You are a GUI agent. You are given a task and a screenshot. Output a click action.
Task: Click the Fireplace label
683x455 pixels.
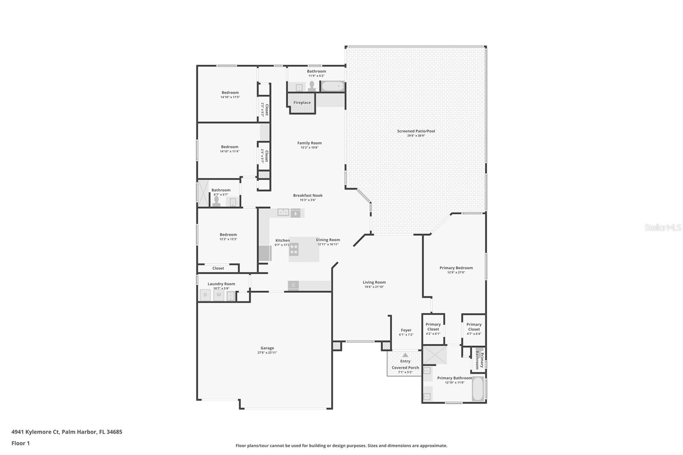[x=302, y=102]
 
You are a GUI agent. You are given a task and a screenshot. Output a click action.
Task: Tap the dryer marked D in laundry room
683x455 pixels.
[x=205, y=295]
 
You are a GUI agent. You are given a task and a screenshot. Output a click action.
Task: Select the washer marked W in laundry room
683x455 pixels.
[x=219, y=295]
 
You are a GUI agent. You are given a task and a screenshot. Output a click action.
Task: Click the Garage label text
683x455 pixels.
[x=267, y=348]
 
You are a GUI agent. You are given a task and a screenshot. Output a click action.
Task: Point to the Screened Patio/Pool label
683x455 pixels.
[x=416, y=131]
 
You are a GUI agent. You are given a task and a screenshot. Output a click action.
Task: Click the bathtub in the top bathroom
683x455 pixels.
[x=333, y=87]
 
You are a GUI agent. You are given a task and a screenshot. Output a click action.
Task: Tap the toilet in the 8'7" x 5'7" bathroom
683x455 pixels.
[x=216, y=201]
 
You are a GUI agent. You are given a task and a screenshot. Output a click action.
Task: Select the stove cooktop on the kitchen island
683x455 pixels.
[x=294, y=249]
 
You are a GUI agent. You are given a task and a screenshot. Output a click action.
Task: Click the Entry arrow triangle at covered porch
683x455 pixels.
[x=405, y=355]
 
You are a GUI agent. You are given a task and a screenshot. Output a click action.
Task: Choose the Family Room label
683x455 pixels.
[x=309, y=143]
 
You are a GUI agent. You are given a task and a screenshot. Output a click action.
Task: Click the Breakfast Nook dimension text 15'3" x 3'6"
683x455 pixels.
[x=308, y=200]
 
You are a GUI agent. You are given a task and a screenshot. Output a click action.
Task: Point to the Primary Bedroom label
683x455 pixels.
[x=456, y=268]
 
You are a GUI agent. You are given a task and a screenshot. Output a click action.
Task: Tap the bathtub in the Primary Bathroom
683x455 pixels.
[x=478, y=388]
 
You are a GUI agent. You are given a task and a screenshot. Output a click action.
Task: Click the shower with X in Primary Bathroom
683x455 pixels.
[x=435, y=355]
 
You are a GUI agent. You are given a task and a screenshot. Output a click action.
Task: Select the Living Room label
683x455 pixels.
[x=374, y=282]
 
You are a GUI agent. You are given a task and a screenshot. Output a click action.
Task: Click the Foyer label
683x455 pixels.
[x=406, y=330]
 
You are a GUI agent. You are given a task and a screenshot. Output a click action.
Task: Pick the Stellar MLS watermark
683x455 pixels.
[x=663, y=228]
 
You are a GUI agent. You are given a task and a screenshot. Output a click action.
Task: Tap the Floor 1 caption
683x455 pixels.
[x=20, y=443]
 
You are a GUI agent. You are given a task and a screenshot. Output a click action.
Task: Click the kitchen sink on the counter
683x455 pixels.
[x=283, y=212]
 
